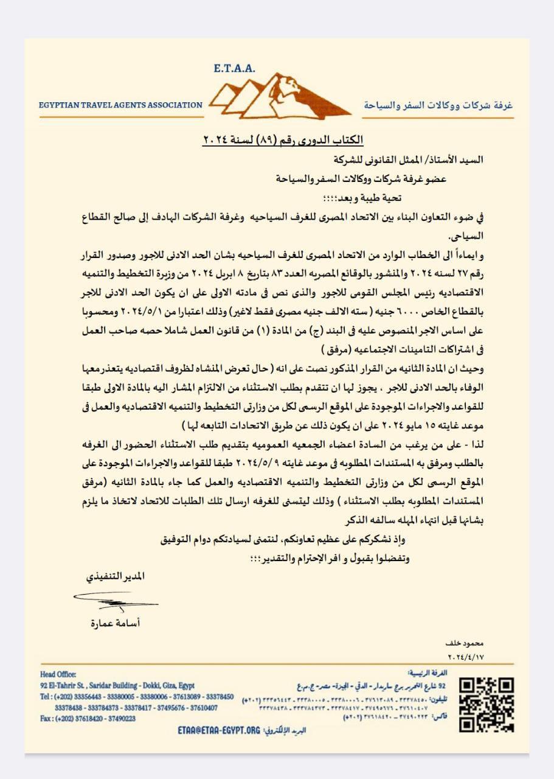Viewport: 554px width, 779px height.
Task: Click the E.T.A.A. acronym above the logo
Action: click(235, 69)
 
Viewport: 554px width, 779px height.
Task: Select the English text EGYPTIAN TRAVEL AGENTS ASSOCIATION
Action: click(121, 105)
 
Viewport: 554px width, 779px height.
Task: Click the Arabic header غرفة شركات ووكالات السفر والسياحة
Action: click(438, 105)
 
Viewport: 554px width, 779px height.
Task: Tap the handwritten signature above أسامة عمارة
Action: click(116, 603)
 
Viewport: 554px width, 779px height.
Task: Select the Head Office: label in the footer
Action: click(58, 674)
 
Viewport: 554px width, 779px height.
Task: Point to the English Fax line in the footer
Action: click(88, 718)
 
